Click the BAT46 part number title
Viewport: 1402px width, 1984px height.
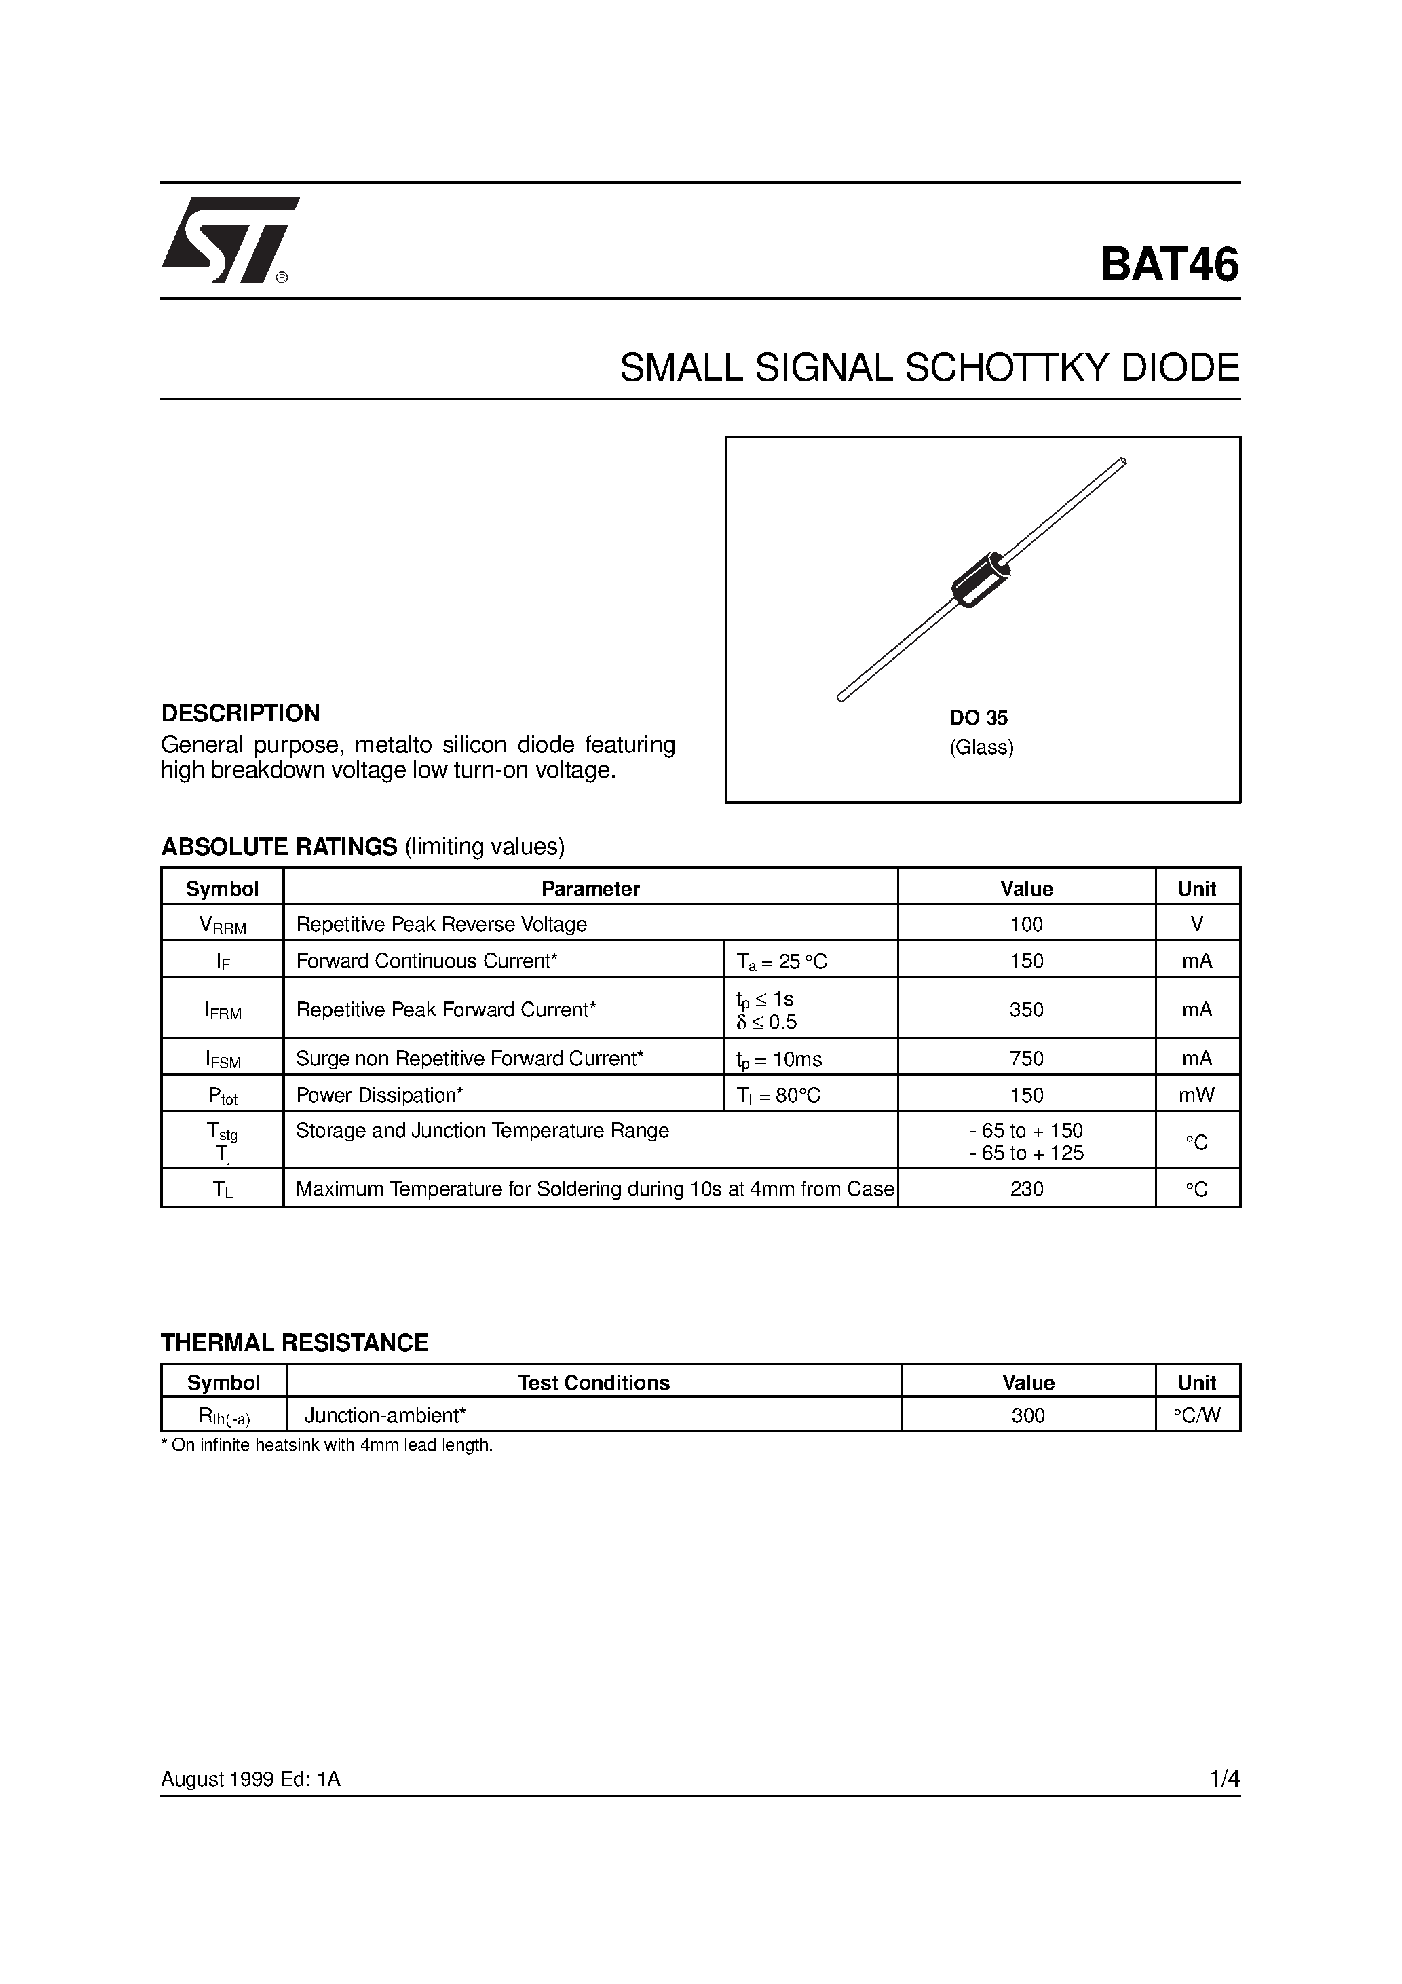pyautogui.click(x=1169, y=265)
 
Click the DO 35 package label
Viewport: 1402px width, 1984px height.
pyautogui.click(x=978, y=718)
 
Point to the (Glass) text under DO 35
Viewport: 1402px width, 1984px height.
pyautogui.click(x=981, y=748)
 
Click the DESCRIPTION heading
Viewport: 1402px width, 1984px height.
pyautogui.click(x=240, y=713)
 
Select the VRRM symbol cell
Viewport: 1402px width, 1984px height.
pyautogui.click(x=222, y=925)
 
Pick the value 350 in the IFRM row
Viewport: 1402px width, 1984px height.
pyautogui.click(x=1026, y=1009)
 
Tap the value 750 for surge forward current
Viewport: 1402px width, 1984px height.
pyautogui.click(x=1026, y=1058)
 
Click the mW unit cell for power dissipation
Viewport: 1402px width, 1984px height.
pyautogui.click(x=1196, y=1096)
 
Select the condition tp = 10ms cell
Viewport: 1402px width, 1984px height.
pyautogui.click(x=779, y=1059)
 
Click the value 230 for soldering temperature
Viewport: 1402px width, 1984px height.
pyautogui.click(x=1026, y=1189)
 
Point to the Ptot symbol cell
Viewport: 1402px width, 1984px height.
pyautogui.click(x=222, y=1096)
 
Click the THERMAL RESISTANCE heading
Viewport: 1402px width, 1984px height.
pyautogui.click(x=294, y=1343)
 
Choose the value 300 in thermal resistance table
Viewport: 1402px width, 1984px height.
pyautogui.click(x=1027, y=1415)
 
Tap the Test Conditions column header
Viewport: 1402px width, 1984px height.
pyautogui.click(x=593, y=1383)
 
